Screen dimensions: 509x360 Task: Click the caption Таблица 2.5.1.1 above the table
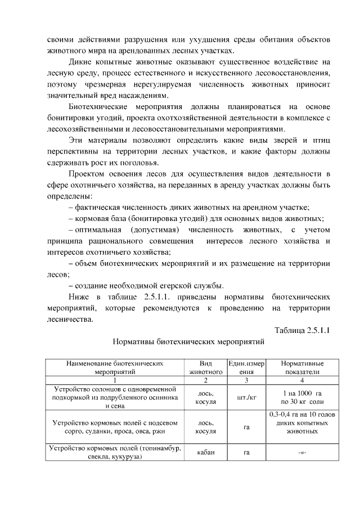(302, 330)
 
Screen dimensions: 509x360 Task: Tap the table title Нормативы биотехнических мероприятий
(188, 341)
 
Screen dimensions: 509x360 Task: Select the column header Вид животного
(205, 368)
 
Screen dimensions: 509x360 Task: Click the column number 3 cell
(246, 380)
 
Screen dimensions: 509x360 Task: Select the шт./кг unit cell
(246, 397)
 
